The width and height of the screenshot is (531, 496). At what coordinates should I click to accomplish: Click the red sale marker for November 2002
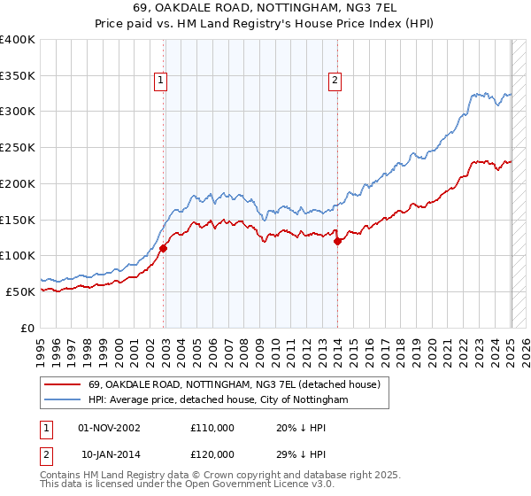click(164, 249)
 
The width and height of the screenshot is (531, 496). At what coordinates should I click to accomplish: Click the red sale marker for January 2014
click(337, 242)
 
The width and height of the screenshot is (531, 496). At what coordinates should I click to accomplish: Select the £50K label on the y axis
click(21, 291)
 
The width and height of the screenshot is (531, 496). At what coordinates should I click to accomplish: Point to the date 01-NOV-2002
click(109, 429)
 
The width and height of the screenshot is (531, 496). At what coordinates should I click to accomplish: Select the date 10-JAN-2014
click(109, 453)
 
